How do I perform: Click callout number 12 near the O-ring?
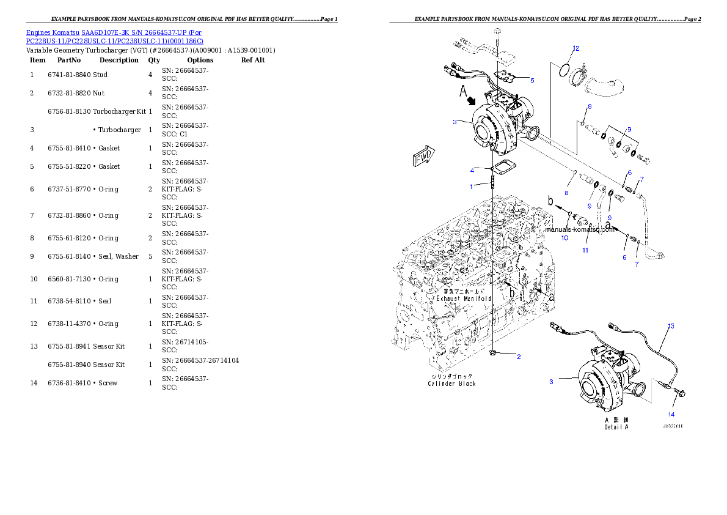(x=575, y=48)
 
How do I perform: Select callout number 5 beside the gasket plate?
(x=532, y=80)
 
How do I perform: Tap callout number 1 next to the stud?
(x=471, y=186)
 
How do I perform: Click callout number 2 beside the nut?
(x=519, y=357)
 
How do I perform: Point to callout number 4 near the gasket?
(x=472, y=170)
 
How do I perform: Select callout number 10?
(x=564, y=237)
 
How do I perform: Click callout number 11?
(x=585, y=250)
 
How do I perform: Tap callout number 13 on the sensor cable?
(x=671, y=326)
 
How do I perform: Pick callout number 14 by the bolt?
(x=671, y=414)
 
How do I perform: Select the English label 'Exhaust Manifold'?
(x=464, y=298)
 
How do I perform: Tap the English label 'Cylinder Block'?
(x=451, y=383)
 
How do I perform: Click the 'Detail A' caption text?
(x=616, y=427)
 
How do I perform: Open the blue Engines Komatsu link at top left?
(x=115, y=36)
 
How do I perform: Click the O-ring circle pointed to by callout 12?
(x=564, y=71)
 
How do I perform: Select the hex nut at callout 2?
(x=492, y=353)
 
